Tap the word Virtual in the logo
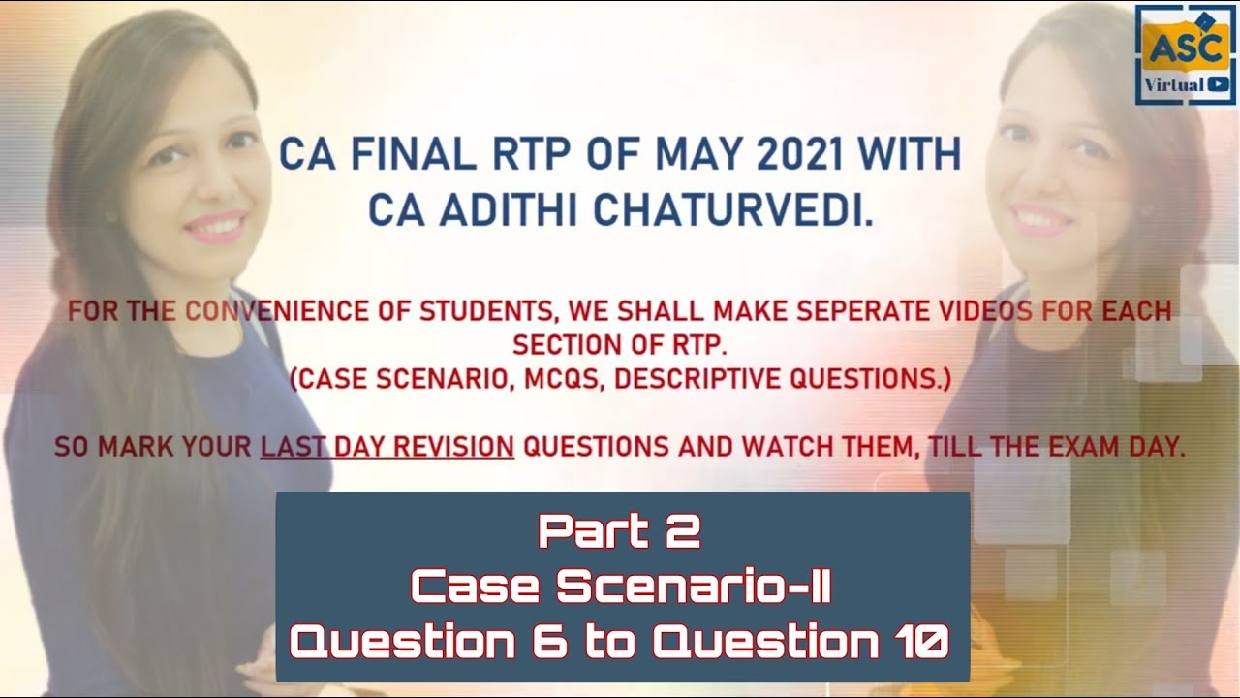tap(1174, 84)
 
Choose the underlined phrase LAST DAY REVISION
tap(387, 447)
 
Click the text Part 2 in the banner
tap(620, 531)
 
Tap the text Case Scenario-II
tap(620, 587)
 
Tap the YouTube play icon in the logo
tap(1218, 84)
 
